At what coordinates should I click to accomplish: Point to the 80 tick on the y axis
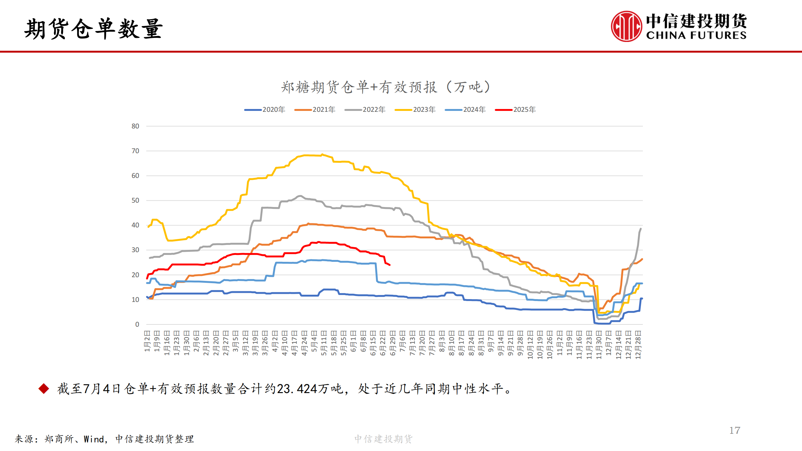coord(135,126)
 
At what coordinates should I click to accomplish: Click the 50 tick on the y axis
coord(135,200)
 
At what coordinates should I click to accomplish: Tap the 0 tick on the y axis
coord(137,324)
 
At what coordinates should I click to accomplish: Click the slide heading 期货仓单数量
coord(93,29)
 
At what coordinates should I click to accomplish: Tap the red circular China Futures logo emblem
coord(626,26)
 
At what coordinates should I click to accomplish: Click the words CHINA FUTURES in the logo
coord(696,35)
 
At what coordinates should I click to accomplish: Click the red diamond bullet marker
coord(44,389)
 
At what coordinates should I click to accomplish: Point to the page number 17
coord(735,430)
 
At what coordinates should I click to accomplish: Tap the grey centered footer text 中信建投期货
coord(383,439)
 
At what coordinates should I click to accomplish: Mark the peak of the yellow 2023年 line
coord(322,155)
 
